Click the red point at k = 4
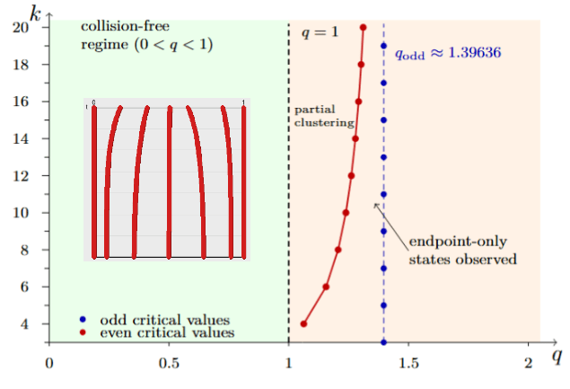click(303, 323)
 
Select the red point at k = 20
click(363, 27)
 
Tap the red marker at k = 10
click(346, 213)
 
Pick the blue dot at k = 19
click(383, 46)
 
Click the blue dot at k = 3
click(383, 342)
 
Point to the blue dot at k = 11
click(383, 194)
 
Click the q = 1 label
click(319, 32)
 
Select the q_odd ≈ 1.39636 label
click(447, 53)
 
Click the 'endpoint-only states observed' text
click(461, 251)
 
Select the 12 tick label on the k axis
click(31, 176)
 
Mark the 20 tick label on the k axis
click(31, 28)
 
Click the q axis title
click(557, 358)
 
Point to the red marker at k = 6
click(326, 287)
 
